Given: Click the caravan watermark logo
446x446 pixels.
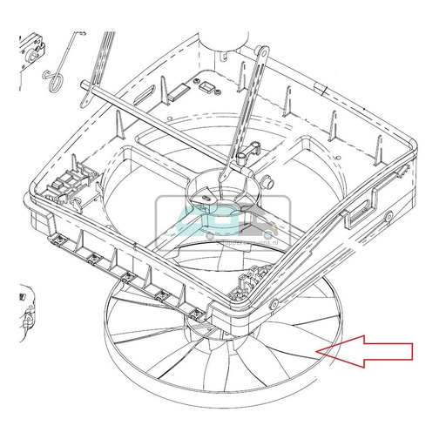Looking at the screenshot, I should [x=222, y=218].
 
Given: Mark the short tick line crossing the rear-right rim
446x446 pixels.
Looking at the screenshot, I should [x=322, y=89].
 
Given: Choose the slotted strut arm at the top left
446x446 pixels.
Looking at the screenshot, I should [x=103, y=52].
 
